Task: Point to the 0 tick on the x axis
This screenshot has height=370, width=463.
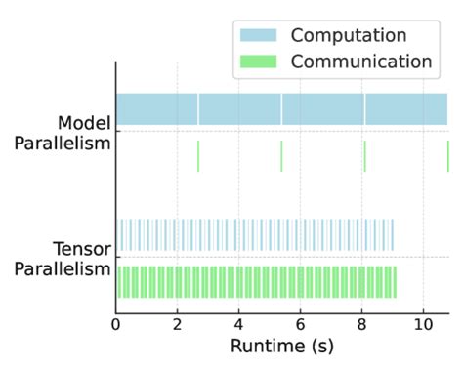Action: pos(116,322)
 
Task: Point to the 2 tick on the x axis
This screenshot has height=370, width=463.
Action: pos(177,322)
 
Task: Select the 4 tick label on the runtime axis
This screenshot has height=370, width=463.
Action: pos(238,322)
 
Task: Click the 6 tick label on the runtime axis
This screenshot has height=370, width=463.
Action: pos(300,322)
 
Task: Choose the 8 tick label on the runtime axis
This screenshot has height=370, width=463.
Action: pos(361,322)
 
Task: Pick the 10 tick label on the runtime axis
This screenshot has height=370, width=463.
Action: pos(423,322)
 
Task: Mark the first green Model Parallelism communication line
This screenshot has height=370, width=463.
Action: pos(198,156)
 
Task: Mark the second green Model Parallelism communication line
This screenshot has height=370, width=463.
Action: pos(281,156)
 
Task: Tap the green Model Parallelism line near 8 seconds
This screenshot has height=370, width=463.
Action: pos(364,156)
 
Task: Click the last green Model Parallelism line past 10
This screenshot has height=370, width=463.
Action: pos(447,156)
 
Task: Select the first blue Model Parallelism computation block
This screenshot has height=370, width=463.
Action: pos(156,108)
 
